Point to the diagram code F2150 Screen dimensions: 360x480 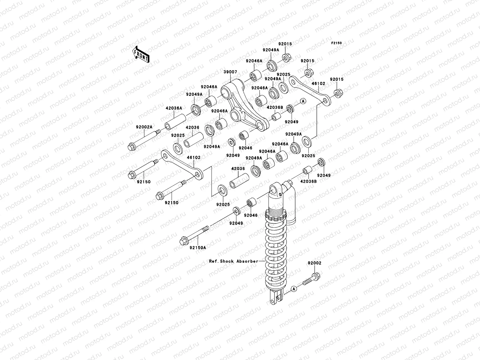point(337,43)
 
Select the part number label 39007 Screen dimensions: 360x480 point(231,72)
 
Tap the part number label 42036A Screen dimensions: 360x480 point(174,108)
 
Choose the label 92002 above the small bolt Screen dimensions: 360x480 point(314,263)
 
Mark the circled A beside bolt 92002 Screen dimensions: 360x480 point(294,289)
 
